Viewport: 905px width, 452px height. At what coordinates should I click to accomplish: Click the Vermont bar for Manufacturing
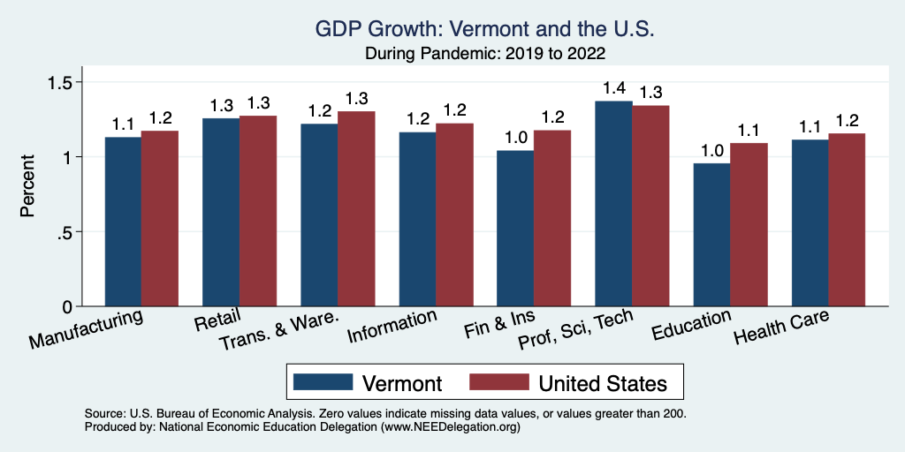123,222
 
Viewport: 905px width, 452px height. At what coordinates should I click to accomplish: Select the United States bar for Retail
258,211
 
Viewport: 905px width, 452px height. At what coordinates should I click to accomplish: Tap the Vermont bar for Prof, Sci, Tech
613,204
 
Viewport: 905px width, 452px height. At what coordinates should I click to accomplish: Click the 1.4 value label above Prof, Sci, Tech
613,88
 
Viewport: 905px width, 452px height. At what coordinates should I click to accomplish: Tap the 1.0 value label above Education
711,150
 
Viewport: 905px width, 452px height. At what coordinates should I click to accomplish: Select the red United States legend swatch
498,382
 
